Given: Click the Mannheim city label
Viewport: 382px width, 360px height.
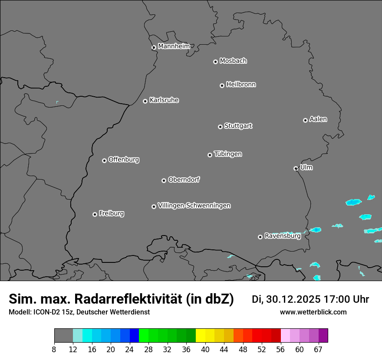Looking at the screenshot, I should click(174, 46).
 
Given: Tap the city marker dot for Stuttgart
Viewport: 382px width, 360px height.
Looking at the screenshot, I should click(220, 127).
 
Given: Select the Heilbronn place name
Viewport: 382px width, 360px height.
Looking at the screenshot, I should click(241, 85).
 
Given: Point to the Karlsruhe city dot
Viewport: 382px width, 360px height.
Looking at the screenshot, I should click(145, 101).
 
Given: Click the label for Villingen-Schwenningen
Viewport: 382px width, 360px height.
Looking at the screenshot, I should click(194, 206).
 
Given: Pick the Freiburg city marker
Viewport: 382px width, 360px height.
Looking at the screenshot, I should click(95, 214).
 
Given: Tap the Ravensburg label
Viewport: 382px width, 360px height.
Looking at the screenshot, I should click(282, 236).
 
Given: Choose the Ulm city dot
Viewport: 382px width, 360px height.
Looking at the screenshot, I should click(296, 168).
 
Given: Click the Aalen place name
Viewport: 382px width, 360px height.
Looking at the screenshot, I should click(318, 119).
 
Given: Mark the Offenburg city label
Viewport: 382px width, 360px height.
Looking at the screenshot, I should click(124, 160).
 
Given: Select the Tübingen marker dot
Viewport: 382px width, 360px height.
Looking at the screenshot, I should click(210, 155).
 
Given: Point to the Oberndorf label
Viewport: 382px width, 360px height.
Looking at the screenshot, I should click(184, 180).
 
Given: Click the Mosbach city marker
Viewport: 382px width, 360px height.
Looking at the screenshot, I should click(215, 62).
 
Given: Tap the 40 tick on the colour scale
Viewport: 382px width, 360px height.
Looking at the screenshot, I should click(205, 349).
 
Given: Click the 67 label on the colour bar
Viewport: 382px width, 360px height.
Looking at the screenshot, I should click(318, 349).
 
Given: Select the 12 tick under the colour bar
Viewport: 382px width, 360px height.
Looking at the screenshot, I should click(73, 349).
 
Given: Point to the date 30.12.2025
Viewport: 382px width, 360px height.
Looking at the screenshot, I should click(293, 299).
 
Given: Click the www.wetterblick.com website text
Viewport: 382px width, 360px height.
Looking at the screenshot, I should click(313, 312).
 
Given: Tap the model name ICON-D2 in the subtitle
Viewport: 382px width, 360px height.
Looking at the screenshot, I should click(45, 312).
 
